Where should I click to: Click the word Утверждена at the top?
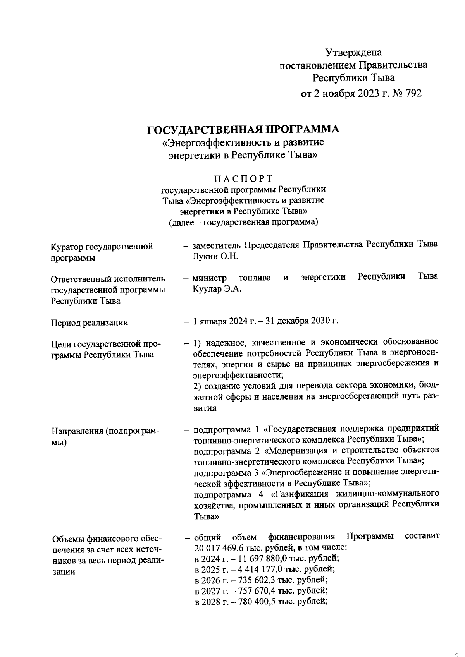coord(353,52)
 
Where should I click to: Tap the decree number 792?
coord(412,94)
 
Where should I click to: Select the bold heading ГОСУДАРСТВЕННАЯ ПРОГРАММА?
coord(243,129)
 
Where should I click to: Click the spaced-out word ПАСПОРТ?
coord(244,178)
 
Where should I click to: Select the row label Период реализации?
coord(90,322)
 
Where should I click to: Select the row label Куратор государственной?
coord(102,247)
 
